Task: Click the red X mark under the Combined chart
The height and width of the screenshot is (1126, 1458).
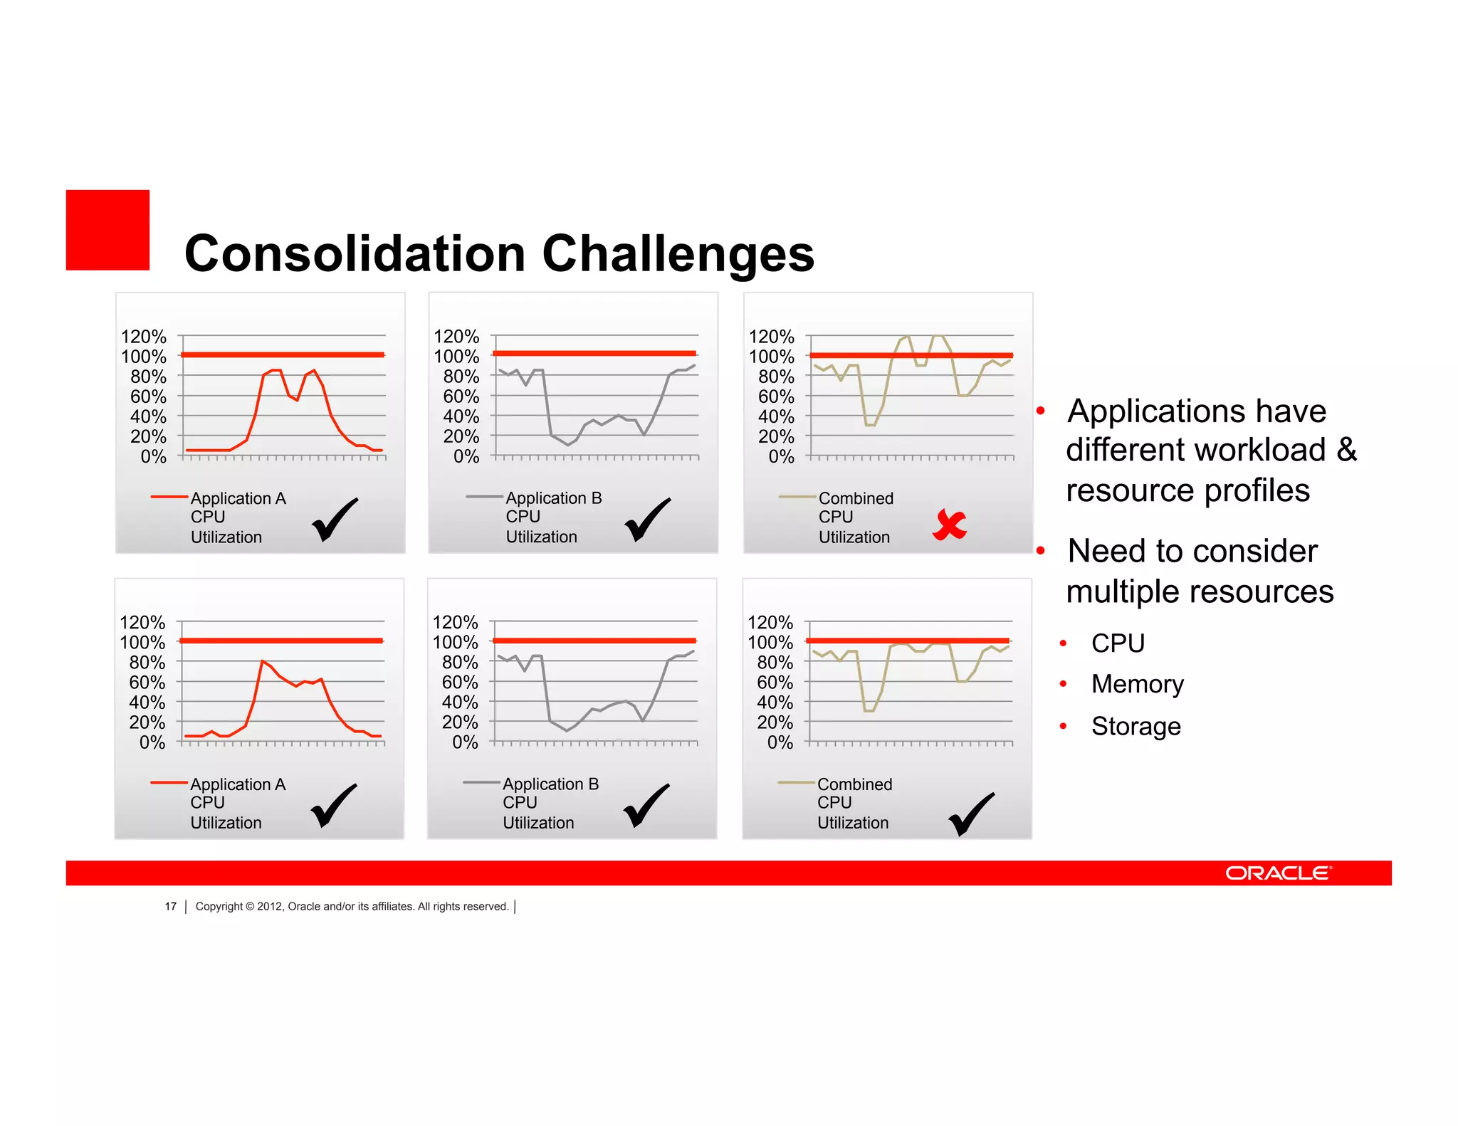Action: (949, 525)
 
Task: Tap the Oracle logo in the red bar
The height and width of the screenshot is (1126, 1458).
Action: (1277, 873)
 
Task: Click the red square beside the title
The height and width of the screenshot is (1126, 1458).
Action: (107, 230)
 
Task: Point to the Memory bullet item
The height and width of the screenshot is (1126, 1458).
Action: (1137, 684)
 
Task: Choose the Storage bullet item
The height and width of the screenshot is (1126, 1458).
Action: (1136, 726)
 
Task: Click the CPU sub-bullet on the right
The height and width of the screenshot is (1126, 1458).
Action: (1118, 643)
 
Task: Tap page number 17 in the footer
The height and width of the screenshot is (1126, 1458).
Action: (170, 906)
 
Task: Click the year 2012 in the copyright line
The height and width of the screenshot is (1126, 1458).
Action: (269, 906)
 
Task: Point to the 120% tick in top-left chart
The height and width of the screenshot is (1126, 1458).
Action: (143, 336)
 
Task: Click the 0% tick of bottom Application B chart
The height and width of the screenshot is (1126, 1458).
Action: (466, 742)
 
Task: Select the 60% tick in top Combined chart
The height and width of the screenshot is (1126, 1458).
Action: (775, 396)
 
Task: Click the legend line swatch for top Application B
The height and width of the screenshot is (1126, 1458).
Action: (484, 497)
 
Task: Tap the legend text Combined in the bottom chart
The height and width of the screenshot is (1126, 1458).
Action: (854, 784)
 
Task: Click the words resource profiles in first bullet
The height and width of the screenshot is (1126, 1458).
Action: (1187, 490)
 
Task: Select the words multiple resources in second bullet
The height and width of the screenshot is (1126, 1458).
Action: (1200, 591)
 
